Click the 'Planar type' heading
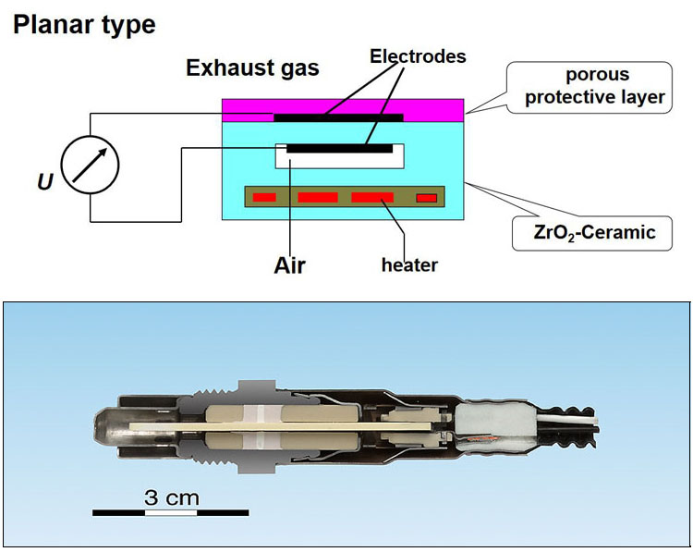[83, 25]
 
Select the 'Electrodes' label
[418, 56]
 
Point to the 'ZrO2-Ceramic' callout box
[590, 232]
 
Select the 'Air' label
[289, 265]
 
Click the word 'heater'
[409, 265]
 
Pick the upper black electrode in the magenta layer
[338, 117]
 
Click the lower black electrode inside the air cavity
[339, 147]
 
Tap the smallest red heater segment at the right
[426, 197]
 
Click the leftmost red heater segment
[265, 197]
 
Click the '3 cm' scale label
[171, 497]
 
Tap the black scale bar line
[170, 511]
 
